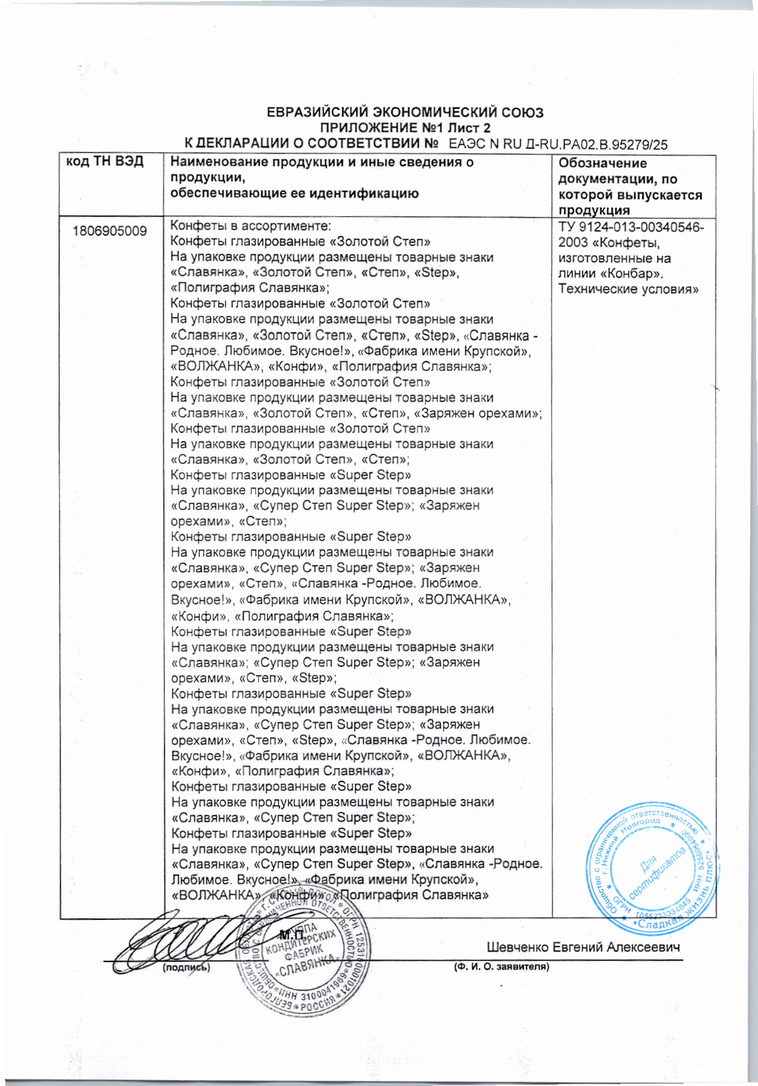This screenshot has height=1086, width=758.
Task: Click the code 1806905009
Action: tap(109, 231)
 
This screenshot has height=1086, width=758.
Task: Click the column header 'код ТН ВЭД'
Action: tap(104, 162)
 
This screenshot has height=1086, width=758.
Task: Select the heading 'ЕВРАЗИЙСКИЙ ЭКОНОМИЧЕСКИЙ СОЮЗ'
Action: tap(405, 113)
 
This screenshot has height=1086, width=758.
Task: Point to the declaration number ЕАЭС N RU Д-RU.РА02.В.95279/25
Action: tap(558, 145)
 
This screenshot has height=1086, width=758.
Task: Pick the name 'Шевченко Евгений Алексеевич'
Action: tap(583, 947)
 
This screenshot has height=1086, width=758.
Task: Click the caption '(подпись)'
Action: tap(186, 968)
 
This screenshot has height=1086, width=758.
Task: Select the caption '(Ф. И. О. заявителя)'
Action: tap(501, 967)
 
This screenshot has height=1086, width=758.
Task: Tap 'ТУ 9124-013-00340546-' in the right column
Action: tap(631, 227)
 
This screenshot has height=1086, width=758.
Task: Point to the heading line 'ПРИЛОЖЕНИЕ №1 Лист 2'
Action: tap(406, 128)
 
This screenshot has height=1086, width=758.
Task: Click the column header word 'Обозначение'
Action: tap(602, 163)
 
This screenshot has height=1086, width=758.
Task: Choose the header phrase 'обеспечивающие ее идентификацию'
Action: tap(294, 194)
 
